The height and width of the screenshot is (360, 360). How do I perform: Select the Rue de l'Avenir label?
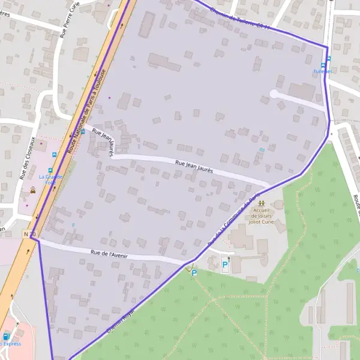click(109, 255)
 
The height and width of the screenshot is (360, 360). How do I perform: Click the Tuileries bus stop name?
click(322, 71)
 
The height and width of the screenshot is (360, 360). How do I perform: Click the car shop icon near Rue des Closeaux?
click(32, 190)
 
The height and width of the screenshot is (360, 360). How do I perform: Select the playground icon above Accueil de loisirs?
click(261, 203)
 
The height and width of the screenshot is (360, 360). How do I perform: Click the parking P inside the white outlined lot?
click(226, 264)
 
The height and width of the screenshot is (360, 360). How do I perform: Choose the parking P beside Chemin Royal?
click(194, 272)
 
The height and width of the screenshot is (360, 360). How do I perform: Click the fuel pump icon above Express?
click(6, 337)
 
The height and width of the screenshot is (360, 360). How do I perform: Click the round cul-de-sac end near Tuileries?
click(274, 94)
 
